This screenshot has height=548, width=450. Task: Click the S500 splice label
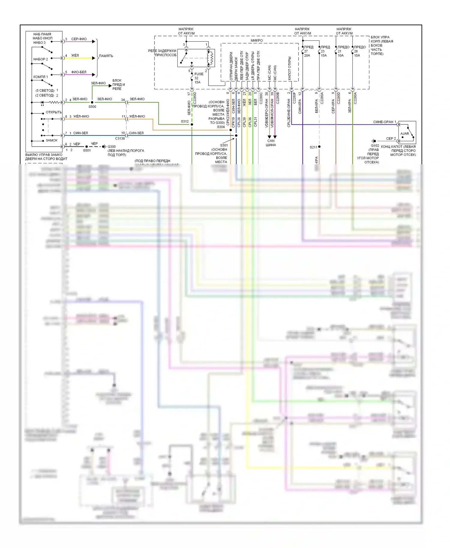pyautogui.click(x=92, y=107)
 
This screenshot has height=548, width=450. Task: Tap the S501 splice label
pyautogui.click(x=87, y=150)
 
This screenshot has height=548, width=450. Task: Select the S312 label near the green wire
pyautogui.click(x=185, y=121)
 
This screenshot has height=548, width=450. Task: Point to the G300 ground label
pyautogui.click(x=112, y=147)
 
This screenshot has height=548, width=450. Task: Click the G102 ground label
pyautogui.click(x=375, y=146)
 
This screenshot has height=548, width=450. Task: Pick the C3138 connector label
pyautogui.click(x=120, y=138)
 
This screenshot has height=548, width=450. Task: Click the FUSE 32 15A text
pyautogui.click(x=198, y=78)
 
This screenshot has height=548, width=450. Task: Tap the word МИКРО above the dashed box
pyautogui.click(x=257, y=40)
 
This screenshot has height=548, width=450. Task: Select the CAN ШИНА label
pyautogui.click(x=271, y=143)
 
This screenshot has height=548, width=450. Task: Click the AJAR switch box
pyautogui.click(x=407, y=133)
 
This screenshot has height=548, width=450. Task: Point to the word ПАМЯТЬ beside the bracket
pyautogui.click(x=106, y=56)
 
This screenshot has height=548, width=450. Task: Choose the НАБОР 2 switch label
pyautogui.click(x=40, y=59)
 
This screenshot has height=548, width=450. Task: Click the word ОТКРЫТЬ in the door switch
pyautogui.click(x=53, y=112)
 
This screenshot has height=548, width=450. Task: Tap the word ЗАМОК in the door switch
pyautogui.click(x=52, y=140)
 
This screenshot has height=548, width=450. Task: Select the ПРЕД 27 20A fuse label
pyautogui.click(x=308, y=51)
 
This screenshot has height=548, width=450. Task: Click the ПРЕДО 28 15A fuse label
pyautogui.click(x=359, y=51)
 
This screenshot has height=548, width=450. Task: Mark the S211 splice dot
pyautogui.click(x=319, y=147)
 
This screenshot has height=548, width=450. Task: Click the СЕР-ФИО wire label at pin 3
pyautogui.click(x=79, y=39)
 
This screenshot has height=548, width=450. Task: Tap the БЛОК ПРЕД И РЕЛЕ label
pyautogui.click(x=118, y=85)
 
